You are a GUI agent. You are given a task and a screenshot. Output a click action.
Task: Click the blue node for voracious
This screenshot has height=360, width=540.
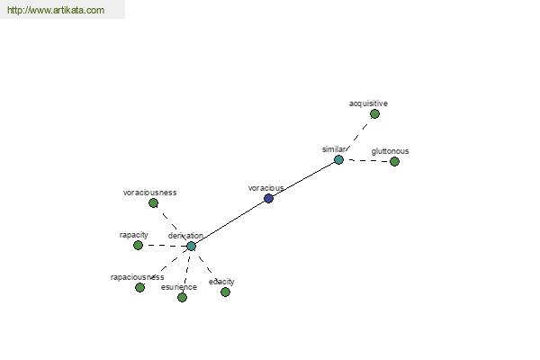click(x=268, y=198)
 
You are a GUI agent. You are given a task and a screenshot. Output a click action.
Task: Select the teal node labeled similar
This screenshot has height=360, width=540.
click(x=339, y=160)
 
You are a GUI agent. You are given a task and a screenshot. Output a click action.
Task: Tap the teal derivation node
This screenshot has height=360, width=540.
click(x=191, y=246)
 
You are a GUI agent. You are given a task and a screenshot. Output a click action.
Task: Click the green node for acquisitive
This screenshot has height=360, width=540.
click(x=374, y=113)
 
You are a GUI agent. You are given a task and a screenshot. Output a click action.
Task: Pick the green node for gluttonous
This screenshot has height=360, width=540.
click(x=395, y=161)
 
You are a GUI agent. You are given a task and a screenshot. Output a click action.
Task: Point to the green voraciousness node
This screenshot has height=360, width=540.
click(x=153, y=203)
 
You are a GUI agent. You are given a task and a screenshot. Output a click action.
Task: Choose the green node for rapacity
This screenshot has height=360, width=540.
click(x=138, y=246)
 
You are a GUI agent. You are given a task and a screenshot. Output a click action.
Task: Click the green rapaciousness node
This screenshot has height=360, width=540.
click(x=139, y=287)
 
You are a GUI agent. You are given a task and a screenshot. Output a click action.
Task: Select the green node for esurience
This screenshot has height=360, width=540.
click(x=182, y=297)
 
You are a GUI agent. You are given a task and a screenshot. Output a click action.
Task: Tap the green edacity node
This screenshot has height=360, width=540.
click(x=225, y=292)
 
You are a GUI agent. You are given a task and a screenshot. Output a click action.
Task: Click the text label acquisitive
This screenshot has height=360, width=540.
click(x=368, y=103)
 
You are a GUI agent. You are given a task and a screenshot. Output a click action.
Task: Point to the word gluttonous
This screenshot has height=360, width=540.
click(x=390, y=151)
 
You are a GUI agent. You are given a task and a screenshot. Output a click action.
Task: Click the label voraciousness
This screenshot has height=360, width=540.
click(x=149, y=193)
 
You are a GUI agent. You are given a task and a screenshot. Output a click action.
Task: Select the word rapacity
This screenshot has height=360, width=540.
click(x=133, y=235)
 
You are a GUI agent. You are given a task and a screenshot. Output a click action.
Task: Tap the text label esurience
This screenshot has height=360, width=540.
click(x=179, y=287)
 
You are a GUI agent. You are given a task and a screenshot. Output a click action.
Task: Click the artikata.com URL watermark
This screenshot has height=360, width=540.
click(x=56, y=10)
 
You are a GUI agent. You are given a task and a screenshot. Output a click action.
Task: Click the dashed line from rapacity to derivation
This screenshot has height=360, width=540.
click(x=165, y=246)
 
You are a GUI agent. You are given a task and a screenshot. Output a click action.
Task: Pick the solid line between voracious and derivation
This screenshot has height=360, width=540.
click(x=230, y=222)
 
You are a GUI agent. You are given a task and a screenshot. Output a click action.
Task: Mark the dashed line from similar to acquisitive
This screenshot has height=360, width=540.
click(x=356, y=137)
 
